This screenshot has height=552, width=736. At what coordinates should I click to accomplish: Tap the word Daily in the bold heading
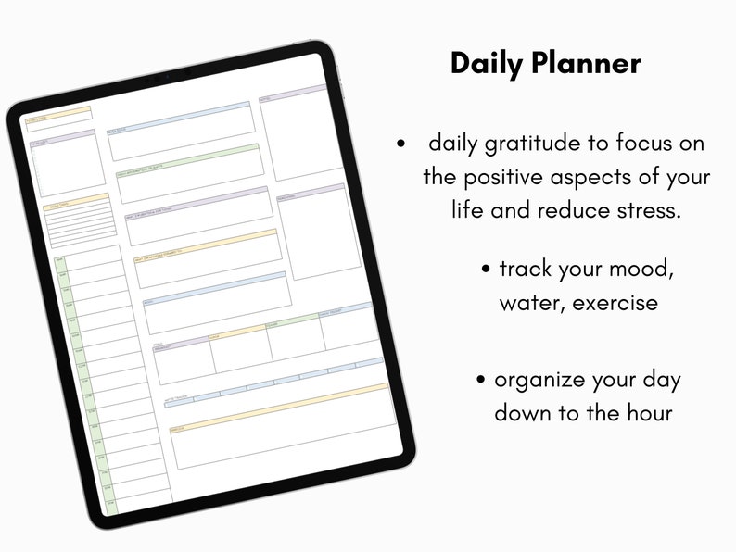click(488, 63)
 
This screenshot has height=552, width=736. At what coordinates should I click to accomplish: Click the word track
click(525, 270)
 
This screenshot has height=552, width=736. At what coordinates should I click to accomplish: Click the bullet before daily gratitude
click(400, 144)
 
